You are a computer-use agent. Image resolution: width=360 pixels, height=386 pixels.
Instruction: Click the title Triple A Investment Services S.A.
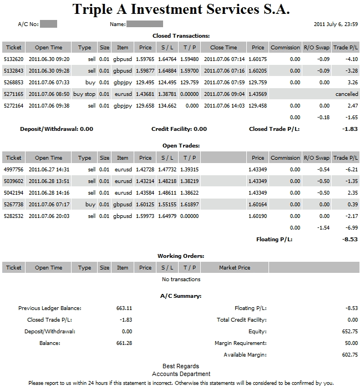pos(181,9)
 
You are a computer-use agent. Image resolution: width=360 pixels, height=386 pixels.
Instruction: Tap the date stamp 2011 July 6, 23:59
pos(336,24)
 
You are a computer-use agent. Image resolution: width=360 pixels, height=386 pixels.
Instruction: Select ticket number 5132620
pos(13,59)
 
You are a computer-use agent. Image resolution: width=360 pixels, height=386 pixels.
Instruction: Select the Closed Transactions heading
pos(181,35)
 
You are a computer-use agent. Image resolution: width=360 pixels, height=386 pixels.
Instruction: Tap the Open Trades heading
pos(181,146)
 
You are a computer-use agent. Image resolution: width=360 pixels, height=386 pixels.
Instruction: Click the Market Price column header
pos(235,268)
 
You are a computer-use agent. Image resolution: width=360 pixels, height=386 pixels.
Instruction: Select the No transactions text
pos(181,280)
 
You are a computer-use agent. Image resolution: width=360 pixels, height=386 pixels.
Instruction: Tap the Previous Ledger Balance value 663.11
pos(124,308)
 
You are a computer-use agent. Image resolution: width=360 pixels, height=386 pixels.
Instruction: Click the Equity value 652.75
pos(350,332)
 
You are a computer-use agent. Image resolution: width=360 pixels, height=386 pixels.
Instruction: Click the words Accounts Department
pos(181,374)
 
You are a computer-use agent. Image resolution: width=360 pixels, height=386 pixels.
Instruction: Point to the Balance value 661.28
pos(124,343)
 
